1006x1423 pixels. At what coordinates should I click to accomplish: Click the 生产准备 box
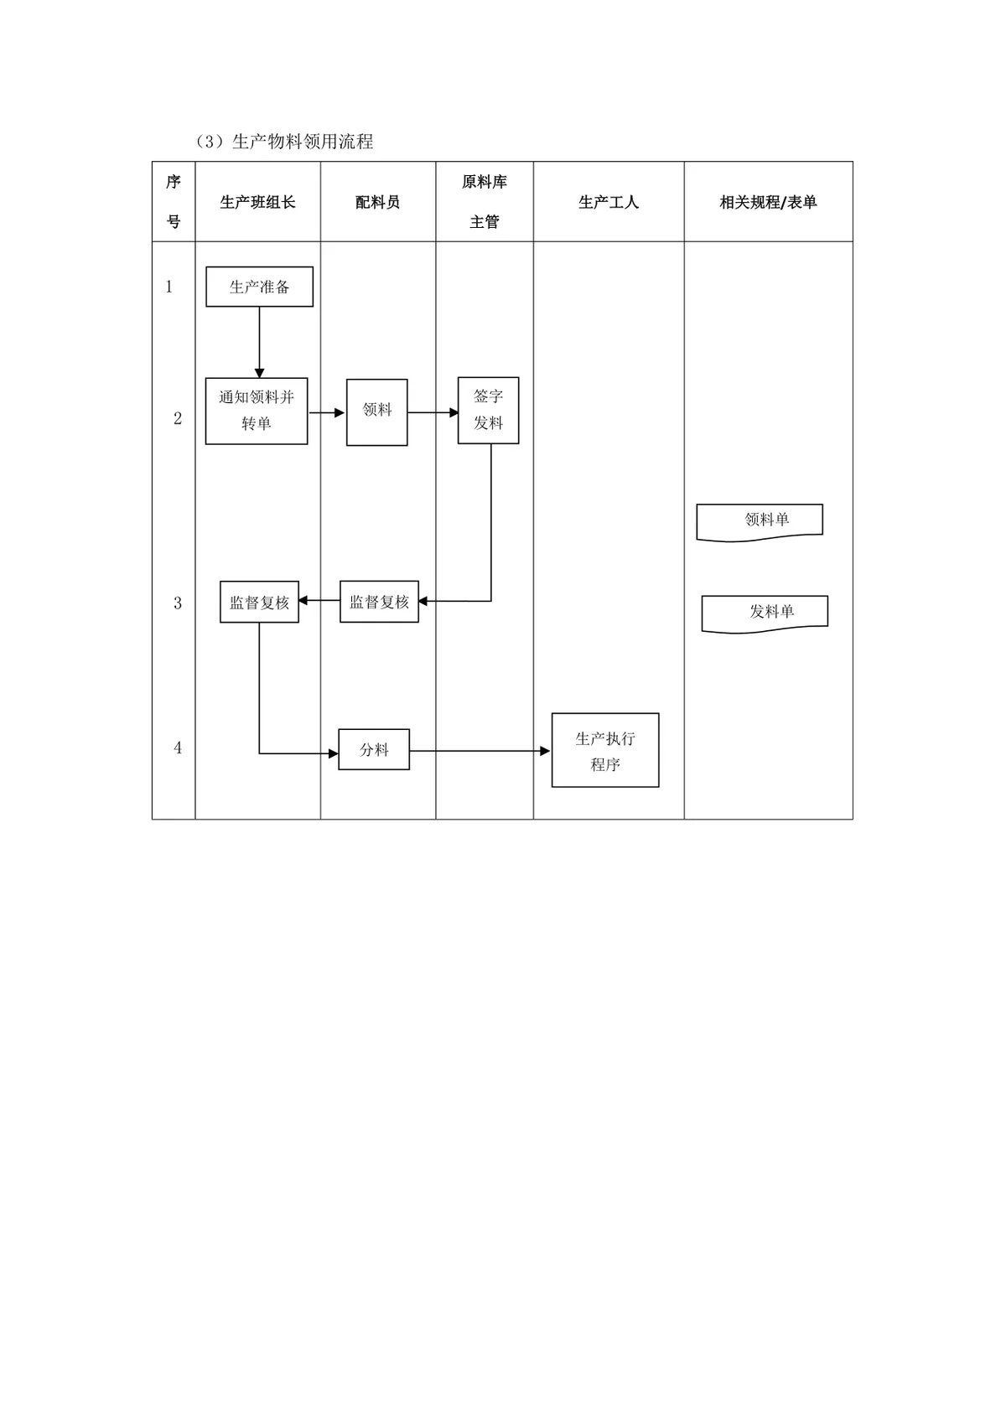click(x=259, y=287)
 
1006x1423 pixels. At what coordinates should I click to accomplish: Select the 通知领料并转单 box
click(x=256, y=411)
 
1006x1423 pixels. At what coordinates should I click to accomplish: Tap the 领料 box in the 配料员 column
click(x=377, y=412)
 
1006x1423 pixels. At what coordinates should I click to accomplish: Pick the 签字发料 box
click(x=488, y=411)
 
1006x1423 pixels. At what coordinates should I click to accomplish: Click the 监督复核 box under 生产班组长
click(x=259, y=602)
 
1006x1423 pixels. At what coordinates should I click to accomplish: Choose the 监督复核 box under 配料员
click(x=379, y=601)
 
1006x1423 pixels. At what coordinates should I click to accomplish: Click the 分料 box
click(x=374, y=749)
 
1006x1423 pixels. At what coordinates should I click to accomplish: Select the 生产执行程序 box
click(x=605, y=750)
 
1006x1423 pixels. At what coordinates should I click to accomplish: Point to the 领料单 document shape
click(x=760, y=522)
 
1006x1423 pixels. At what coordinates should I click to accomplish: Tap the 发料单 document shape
click(x=765, y=613)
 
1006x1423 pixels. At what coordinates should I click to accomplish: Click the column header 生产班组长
click(x=257, y=202)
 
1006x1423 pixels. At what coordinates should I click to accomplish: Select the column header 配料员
click(x=377, y=202)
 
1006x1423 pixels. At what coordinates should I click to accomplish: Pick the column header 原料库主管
click(x=485, y=201)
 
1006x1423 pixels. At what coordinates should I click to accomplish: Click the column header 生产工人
click(x=608, y=202)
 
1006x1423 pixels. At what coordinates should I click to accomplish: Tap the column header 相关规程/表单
click(x=768, y=202)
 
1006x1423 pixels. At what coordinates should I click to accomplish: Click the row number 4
click(x=178, y=748)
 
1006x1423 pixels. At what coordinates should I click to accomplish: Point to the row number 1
click(x=169, y=287)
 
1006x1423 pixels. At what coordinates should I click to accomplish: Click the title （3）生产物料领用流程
click(x=284, y=141)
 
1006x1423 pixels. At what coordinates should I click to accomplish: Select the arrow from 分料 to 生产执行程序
click(x=480, y=751)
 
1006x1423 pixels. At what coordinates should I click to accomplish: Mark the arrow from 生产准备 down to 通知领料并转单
click(x=259, y=343)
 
